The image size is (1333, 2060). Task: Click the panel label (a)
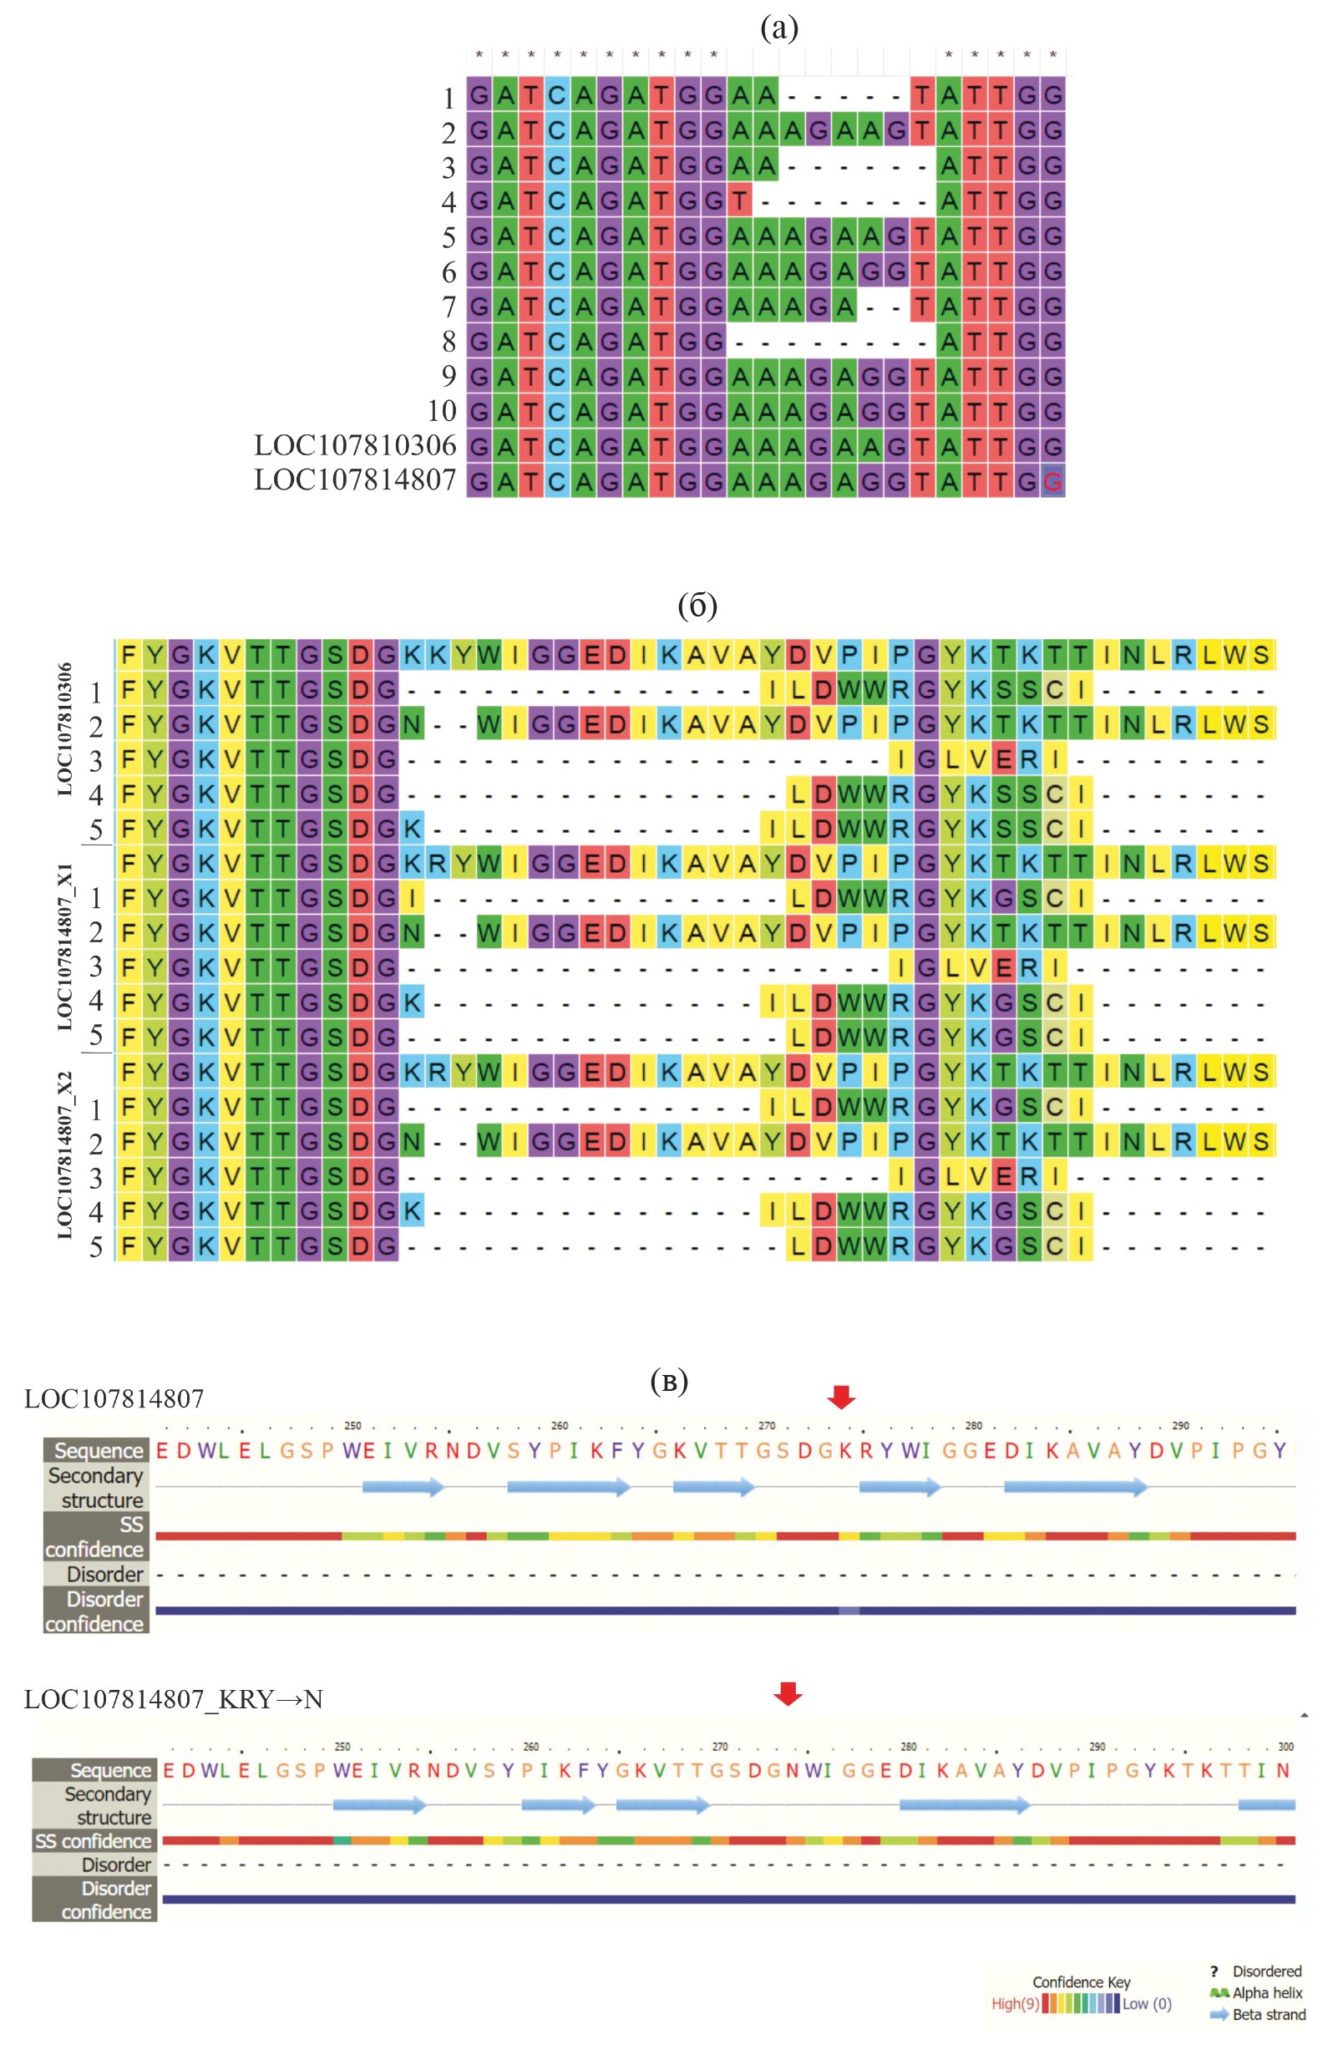778,28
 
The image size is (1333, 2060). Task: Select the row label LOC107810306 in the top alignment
355,445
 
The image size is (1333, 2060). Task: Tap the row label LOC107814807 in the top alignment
355,479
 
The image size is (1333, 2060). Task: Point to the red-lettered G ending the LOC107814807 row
1052,482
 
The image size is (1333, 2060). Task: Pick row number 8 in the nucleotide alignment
449,341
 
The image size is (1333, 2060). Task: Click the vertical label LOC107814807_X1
66,947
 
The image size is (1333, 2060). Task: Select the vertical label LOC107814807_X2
66,1154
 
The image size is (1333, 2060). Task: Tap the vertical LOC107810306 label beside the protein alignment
66,728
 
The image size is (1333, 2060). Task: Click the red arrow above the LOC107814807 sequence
840,1396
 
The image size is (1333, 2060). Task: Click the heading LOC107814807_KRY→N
173,1699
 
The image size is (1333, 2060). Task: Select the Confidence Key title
1081,1981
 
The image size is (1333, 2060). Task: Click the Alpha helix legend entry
1266,1992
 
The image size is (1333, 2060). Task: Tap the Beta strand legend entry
1268,2014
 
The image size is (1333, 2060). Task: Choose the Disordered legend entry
1266,1971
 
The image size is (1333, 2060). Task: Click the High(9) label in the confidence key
1015,2003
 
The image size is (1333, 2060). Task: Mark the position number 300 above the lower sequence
1285,1747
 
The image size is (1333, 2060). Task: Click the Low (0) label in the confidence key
1147,2003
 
